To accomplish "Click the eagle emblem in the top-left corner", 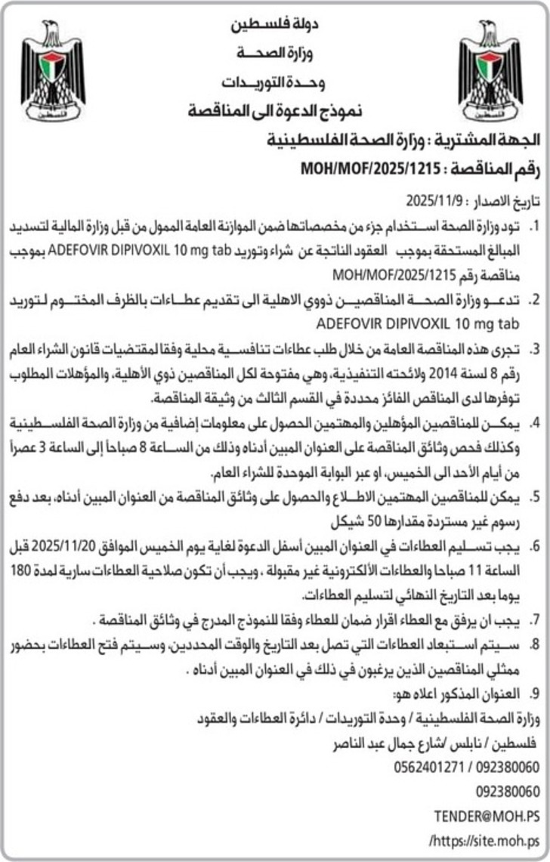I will (52, 71).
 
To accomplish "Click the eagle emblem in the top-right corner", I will (490, 71).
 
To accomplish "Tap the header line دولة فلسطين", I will (276, 26).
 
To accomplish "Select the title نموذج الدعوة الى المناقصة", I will (276, 111).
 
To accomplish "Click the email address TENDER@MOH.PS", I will (487, 816).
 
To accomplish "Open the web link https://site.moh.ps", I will (484, 840).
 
